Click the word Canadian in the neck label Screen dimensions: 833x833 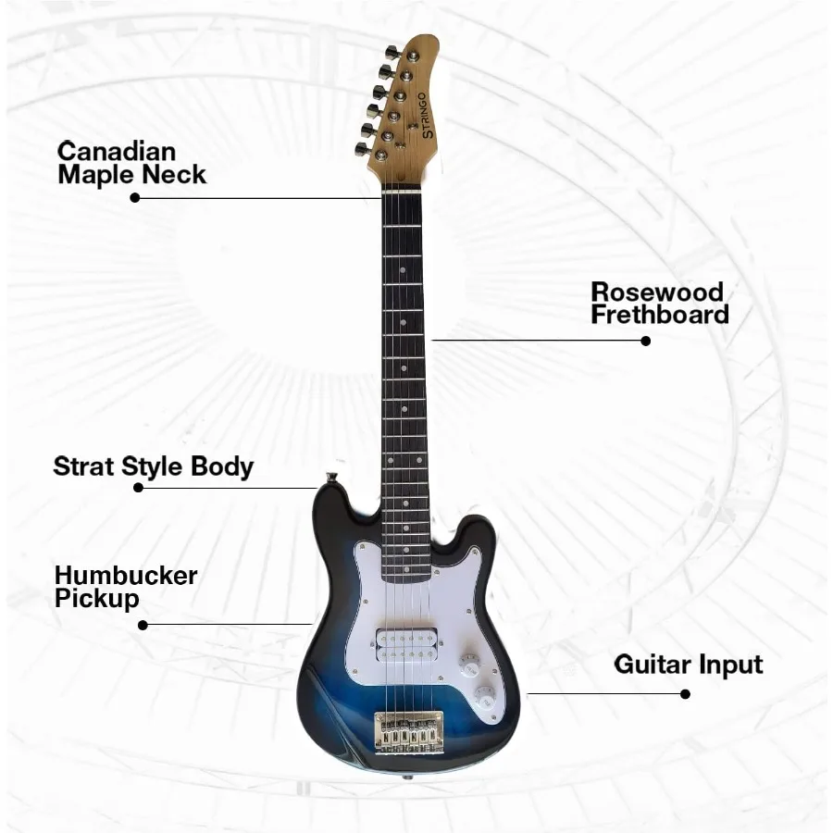click(116, 151)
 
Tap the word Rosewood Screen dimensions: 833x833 click(657, 292)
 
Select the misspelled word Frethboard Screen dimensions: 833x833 click(660, 315)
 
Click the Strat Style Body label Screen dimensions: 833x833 click(153, 466)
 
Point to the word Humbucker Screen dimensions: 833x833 click(125, 576)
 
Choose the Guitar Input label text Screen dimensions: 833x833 click(689, 665)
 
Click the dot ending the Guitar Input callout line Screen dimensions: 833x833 click(685, 693)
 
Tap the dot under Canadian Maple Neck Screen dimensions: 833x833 click(135, 197)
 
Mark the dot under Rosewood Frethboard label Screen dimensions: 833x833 click(646, 341)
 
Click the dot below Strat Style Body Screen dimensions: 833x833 click(139, 488)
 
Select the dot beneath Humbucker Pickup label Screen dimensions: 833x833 click(143, 625)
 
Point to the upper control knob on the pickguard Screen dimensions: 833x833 click(469, 665)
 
